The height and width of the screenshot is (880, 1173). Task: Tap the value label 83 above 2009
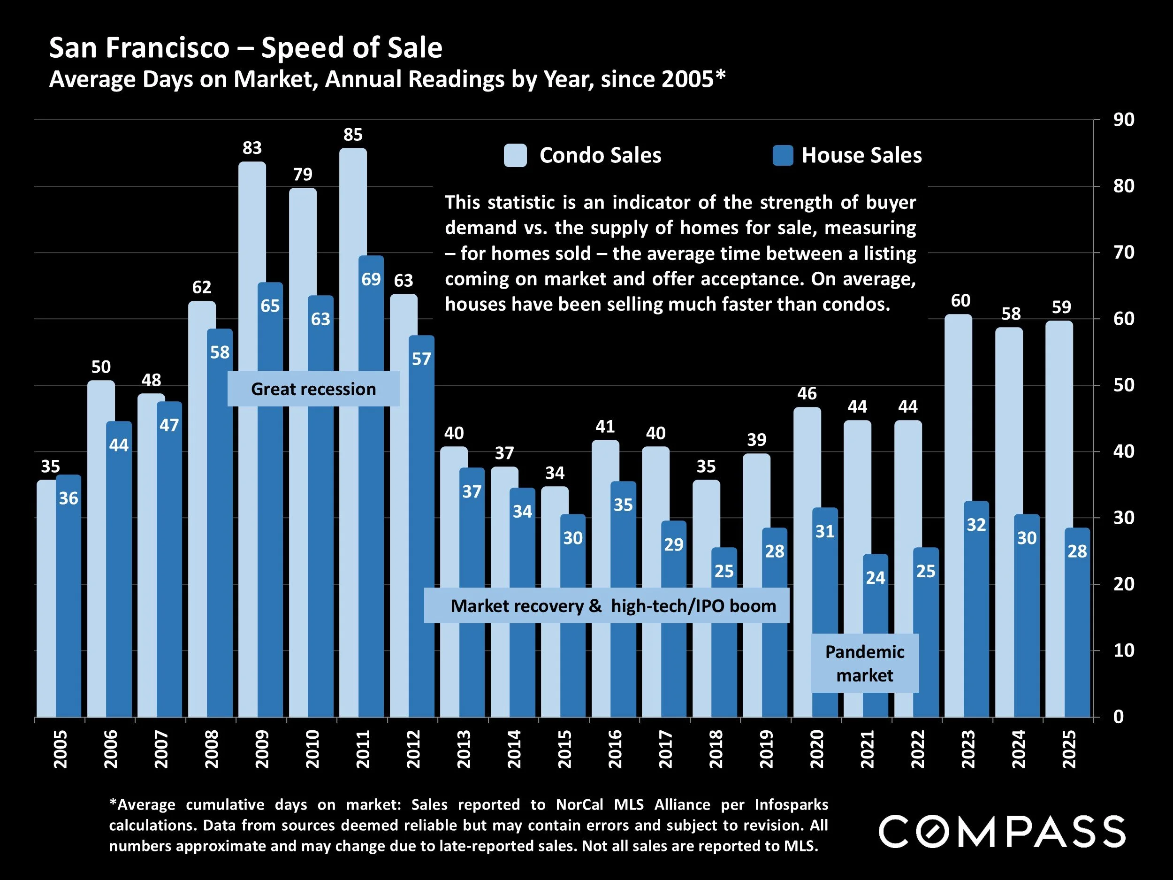point(252,148)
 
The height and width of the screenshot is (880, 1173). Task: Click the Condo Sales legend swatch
point(515,155)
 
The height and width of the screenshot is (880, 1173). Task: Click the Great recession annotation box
point(313,389)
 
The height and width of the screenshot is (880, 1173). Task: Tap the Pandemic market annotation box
point(864,663)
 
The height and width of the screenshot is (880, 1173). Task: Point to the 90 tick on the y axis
point(1123,120)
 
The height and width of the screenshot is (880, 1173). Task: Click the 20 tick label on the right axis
point(1123,584)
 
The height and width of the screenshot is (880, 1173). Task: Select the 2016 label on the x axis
point(615,749)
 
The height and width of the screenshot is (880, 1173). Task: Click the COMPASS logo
point(1002,832)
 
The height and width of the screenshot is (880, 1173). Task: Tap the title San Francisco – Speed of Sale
point(245,48)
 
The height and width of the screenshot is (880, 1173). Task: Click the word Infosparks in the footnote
point(791,805)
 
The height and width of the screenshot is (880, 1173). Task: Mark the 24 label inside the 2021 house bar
point(876,578)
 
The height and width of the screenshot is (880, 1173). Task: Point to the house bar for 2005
point(69,610)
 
